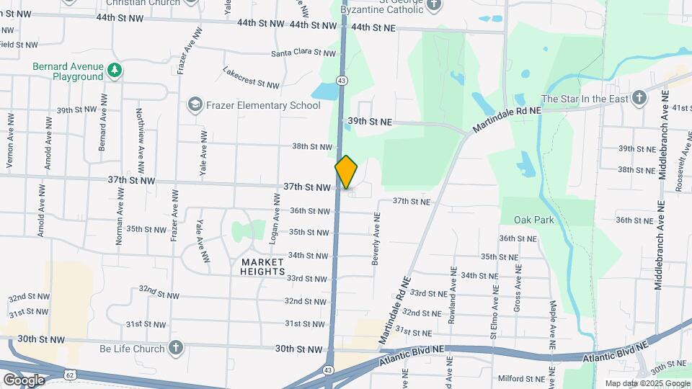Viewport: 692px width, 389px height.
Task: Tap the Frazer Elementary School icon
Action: (194, 105)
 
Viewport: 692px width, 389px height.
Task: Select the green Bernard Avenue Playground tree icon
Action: (114, 70)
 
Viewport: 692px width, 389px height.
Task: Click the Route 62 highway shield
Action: (69, 375)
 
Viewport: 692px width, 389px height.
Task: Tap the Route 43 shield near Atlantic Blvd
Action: (328, 370)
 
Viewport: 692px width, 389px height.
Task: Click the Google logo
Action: (23, 380)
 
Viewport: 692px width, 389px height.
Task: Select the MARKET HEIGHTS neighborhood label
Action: (263, 267)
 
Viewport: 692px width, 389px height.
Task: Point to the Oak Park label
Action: (534, 220)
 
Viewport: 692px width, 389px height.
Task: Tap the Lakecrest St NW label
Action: (251, 79)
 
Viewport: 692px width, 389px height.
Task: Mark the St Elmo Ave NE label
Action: (494, 311)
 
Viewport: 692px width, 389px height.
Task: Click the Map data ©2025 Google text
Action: (646, 383)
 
